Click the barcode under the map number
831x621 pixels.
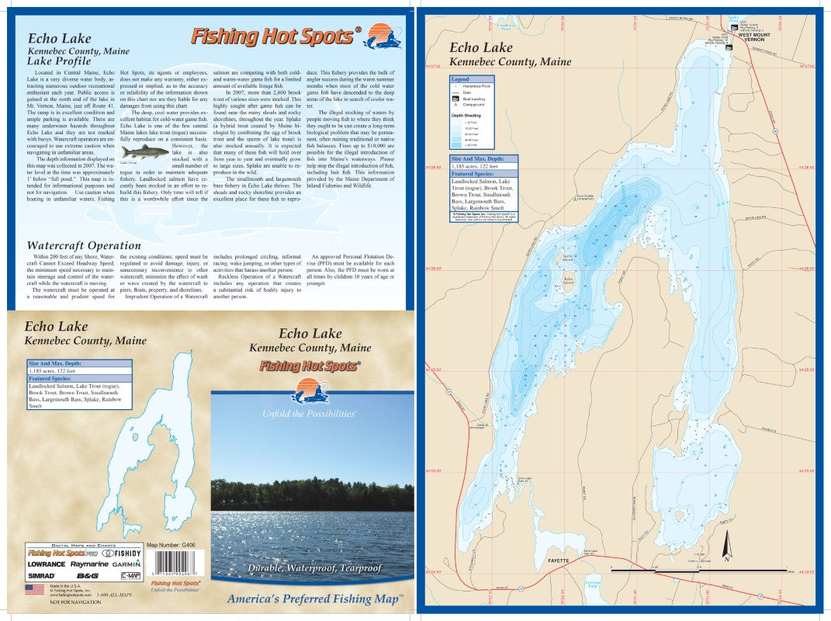[168, 561]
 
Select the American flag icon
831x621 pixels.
[34, 589]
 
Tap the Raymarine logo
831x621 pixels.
[88, 564]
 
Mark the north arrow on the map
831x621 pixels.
[727, 548]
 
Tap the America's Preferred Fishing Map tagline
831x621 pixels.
[314, 598]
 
